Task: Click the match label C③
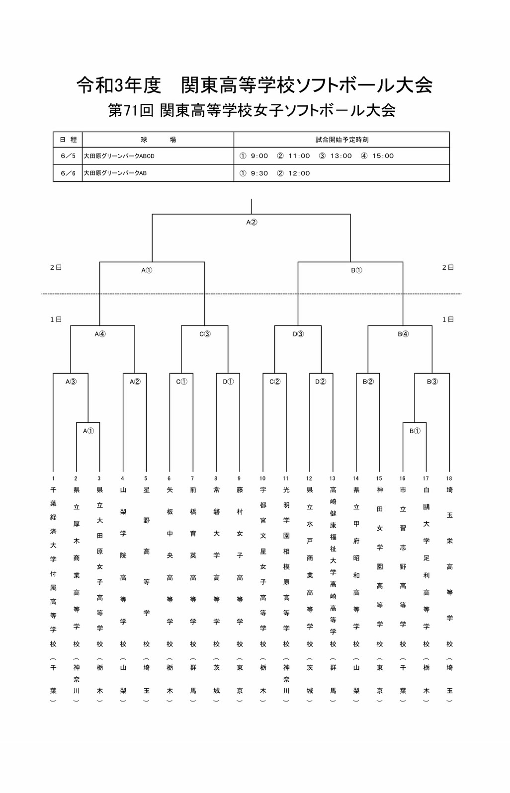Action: (205, 334)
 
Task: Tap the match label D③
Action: (298, 334)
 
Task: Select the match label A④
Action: (100, 334)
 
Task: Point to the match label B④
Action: (403, 334)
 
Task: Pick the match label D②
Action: (321, 382)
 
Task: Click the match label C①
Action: (182, 382)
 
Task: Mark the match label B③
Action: (432, 382)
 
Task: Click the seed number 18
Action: (449, 478)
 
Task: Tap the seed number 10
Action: (262, 478)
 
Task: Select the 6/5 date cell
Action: (68, 156)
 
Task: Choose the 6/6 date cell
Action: (68, 173)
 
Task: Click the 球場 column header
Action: (158, 140)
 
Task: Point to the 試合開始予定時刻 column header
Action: (342, 140)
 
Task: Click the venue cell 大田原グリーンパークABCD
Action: (119, 156)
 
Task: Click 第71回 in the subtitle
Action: (131, 111)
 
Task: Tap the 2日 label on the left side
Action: (56, 268)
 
